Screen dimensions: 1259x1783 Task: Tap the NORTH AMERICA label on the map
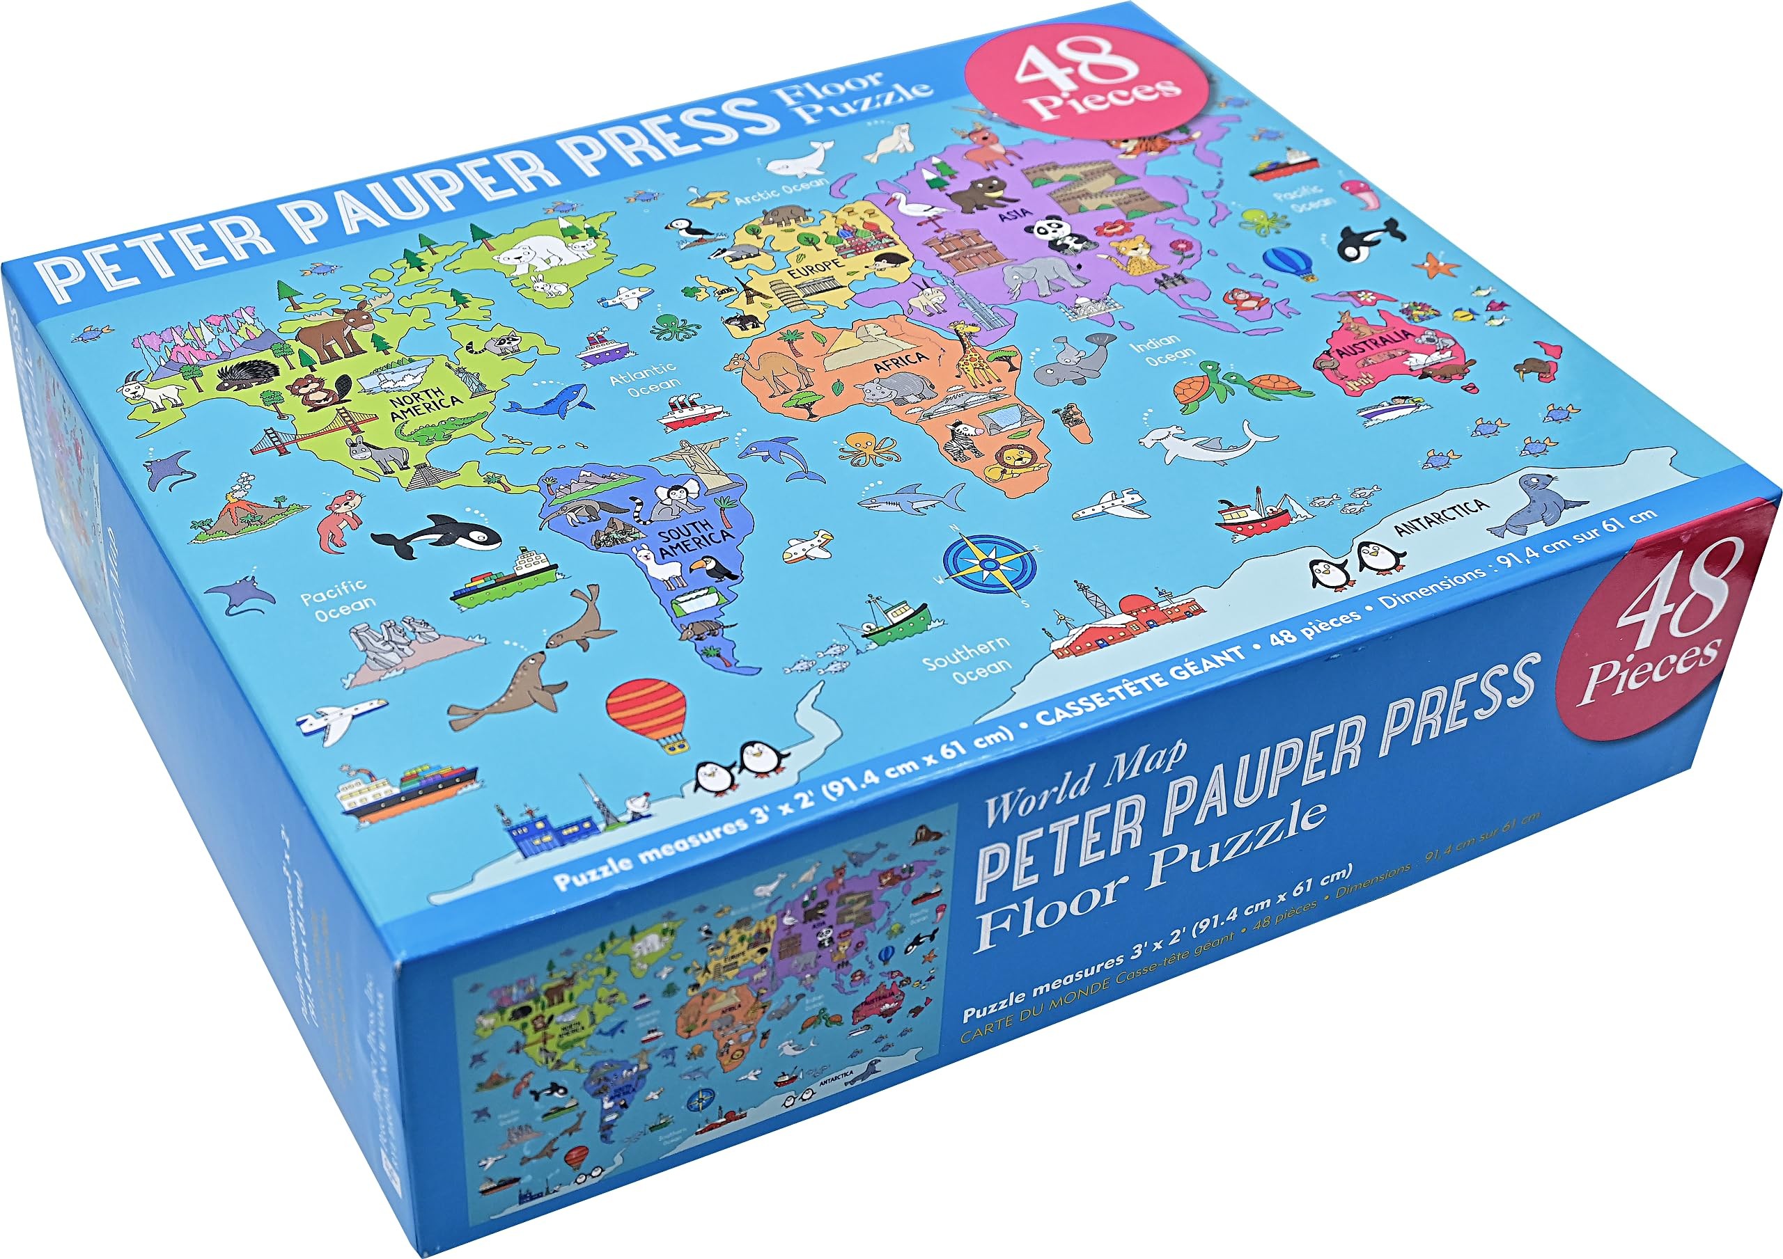click(x=425, y=405)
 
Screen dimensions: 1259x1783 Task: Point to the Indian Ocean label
click(x=1162, y=349)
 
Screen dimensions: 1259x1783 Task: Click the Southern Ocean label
click(x=968, y=659)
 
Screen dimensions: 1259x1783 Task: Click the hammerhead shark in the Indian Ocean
click(x=1200, y=443)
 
